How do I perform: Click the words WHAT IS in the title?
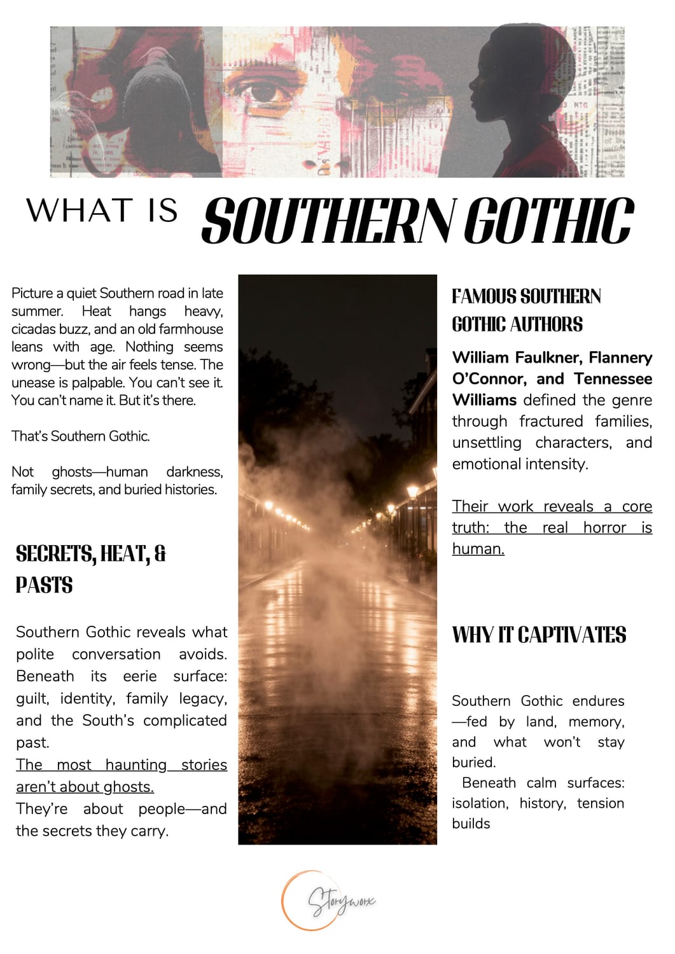[x=102, y=211]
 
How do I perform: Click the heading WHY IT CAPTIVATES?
[x=539, y=635]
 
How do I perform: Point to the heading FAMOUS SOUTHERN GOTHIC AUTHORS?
[x=526, y=310]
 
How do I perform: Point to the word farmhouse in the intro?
[x=191, y=329]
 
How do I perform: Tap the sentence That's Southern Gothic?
[x=81, y=436]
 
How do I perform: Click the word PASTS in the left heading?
[x=45, y=585]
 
